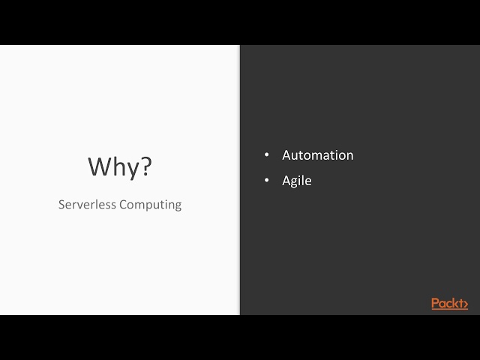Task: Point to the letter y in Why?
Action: coord(131,169)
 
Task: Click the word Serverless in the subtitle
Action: coord(85,204)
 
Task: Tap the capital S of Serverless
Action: coord(61,204)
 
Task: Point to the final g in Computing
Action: coord(177,206)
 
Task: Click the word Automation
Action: coord(317,155)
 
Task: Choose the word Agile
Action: coord(296,181)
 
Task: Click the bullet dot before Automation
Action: coord(266,155)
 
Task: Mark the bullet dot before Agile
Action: coord(266,181)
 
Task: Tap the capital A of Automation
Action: coord(286,155)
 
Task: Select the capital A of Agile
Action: coord(286,181)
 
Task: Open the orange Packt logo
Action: coord(449,303)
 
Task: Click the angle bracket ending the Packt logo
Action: coord(464,304)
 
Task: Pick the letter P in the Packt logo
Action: coord(436,303)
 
